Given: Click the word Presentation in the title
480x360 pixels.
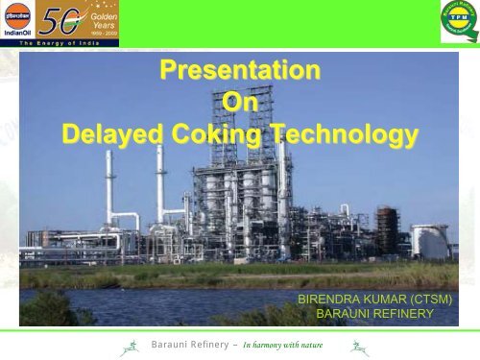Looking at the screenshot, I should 239,71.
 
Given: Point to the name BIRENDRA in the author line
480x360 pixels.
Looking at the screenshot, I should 335,299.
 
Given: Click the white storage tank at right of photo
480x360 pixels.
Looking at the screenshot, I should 430,242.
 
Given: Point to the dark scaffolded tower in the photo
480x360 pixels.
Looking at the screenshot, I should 387,229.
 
